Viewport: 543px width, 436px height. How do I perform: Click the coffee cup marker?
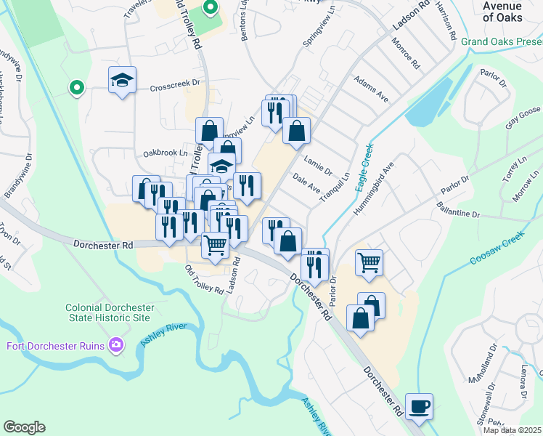point(420,405)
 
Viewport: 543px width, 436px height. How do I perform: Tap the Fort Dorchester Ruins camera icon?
point(115,344)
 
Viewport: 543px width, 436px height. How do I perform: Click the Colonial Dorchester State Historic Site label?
point(107,312)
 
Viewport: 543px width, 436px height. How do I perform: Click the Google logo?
point(24,427)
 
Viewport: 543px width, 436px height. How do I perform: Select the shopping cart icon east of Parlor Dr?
point(369,262)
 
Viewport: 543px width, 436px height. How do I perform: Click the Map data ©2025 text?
point(513,430)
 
